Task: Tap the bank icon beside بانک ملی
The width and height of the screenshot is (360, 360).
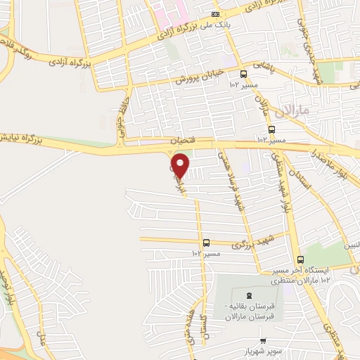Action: [215, 14]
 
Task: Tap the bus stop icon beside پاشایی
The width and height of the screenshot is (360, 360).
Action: [243, 74]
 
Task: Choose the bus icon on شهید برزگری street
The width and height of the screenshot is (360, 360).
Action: [206, 243]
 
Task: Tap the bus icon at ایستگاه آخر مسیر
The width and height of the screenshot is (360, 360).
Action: [300, 259]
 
